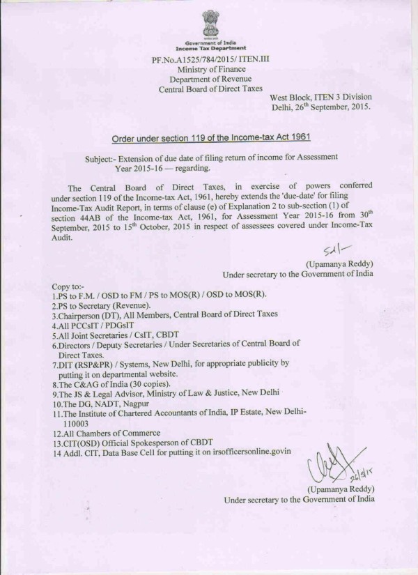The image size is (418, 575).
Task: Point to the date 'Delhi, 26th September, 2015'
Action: click(x=321, y=109)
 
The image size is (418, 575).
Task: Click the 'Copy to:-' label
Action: click(x=70, y=286)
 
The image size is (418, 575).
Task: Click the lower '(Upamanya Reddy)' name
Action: click(x=339, y=489)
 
